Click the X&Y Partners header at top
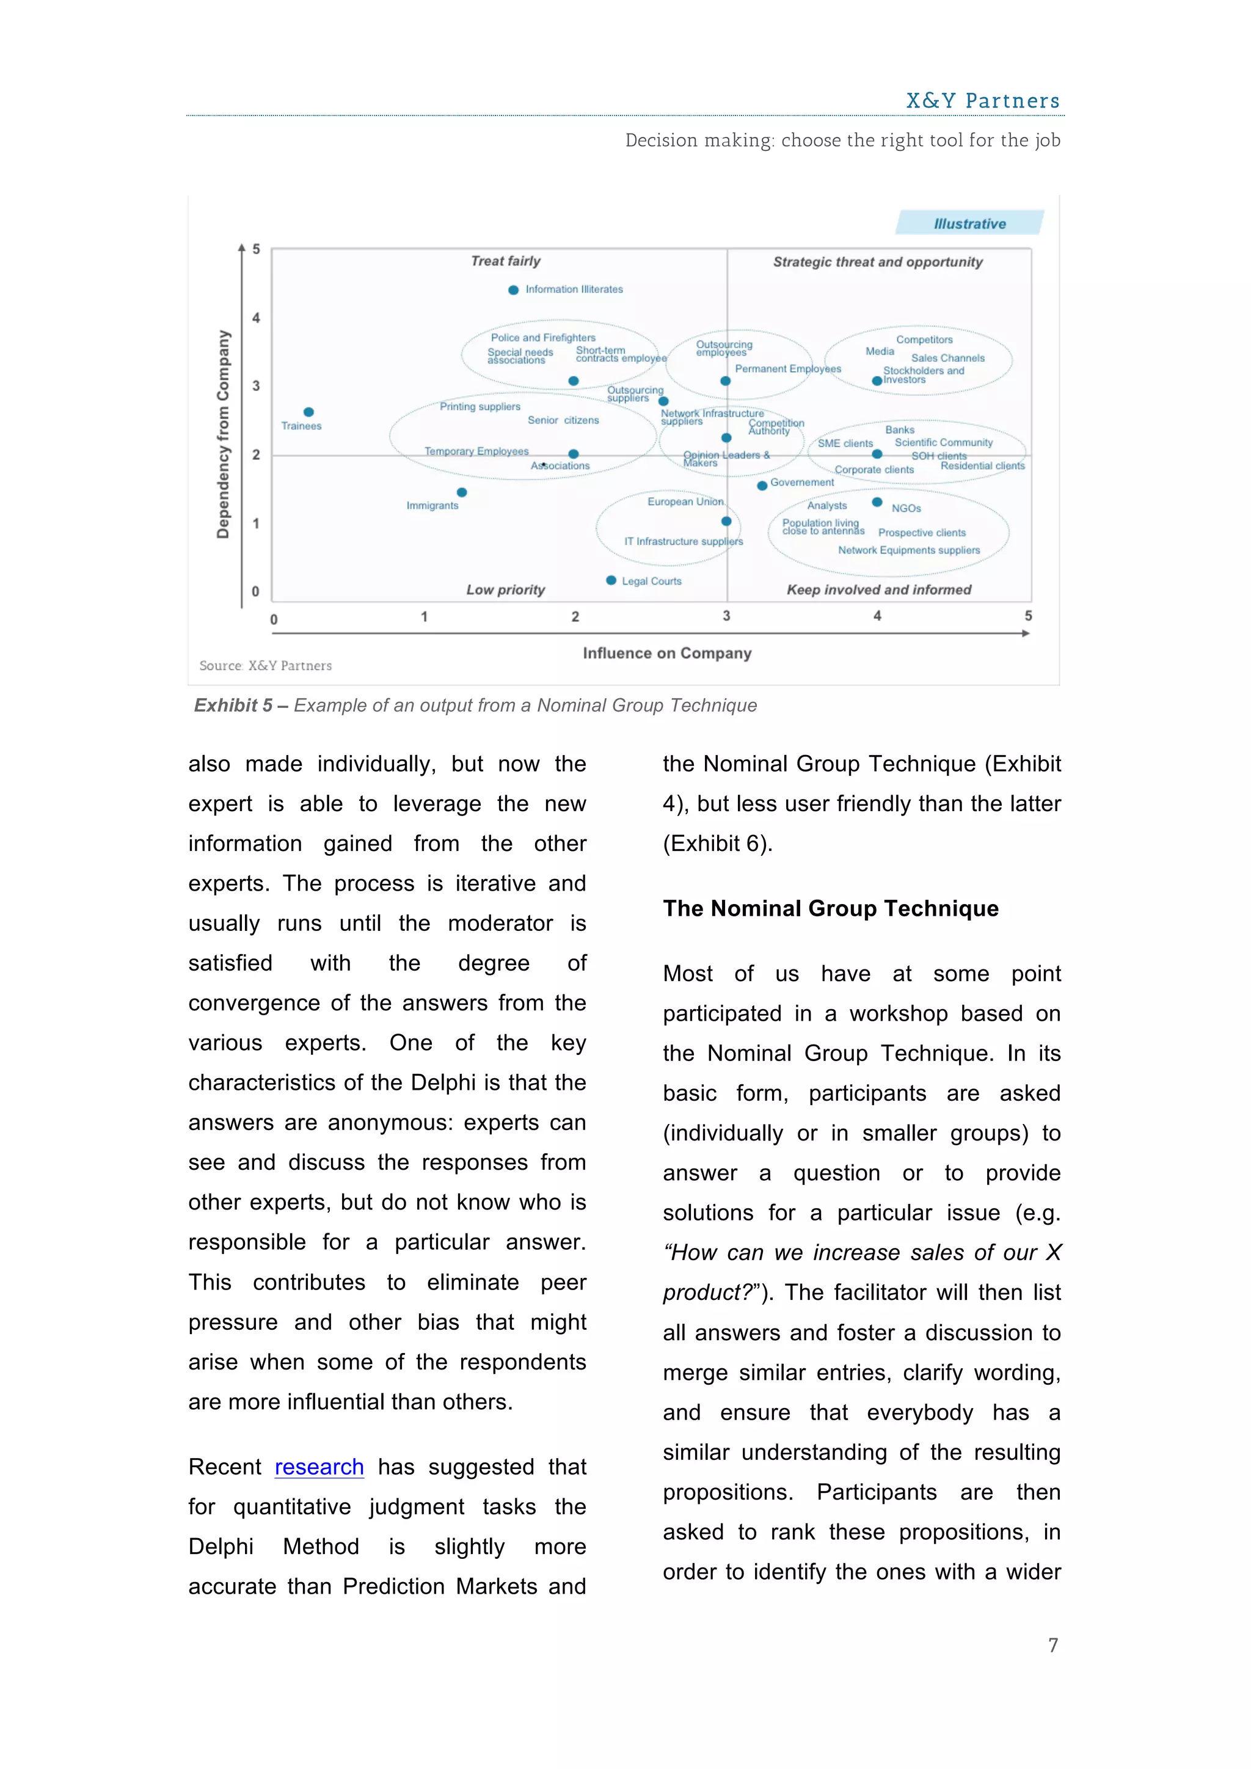pyautogui.click(x=982, y=101)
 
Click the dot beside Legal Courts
pyautogui.click(x=611, y=580)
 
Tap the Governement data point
pyautogui.click(x=762, y=486)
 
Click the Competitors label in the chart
pyautogui.click(x=924, y=340)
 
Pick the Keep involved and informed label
pyautogui.click(x=878, y=589)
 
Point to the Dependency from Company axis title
pyautogui.click(x=222, y=434)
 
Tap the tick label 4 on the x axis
pyautogui.click(x=877, y=616)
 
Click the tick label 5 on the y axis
pyautogui.click(x=257, y=249)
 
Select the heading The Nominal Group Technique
pyautogui.click(x=830, y=908)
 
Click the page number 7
pyautogui.click(x=1052, y=1645)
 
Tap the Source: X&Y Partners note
pyautogui.click(x=266, y=666)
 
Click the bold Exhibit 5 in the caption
pyautogui.click(x=233, y=705)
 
